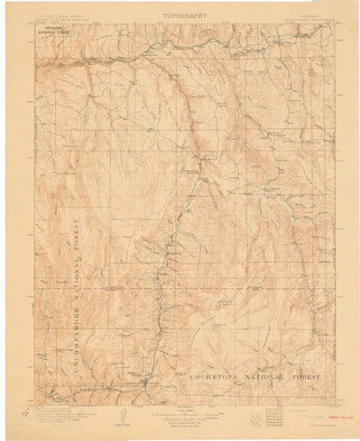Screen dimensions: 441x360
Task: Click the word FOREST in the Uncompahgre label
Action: click(78, 229)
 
